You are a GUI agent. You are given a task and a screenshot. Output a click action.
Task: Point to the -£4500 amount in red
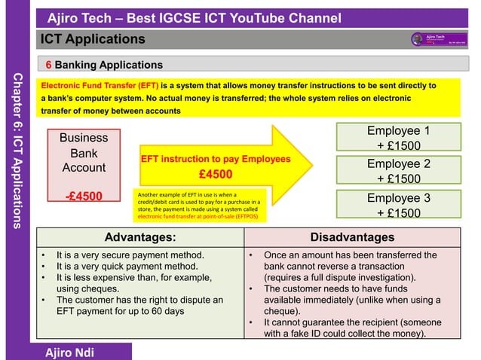[x=84, y=198]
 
